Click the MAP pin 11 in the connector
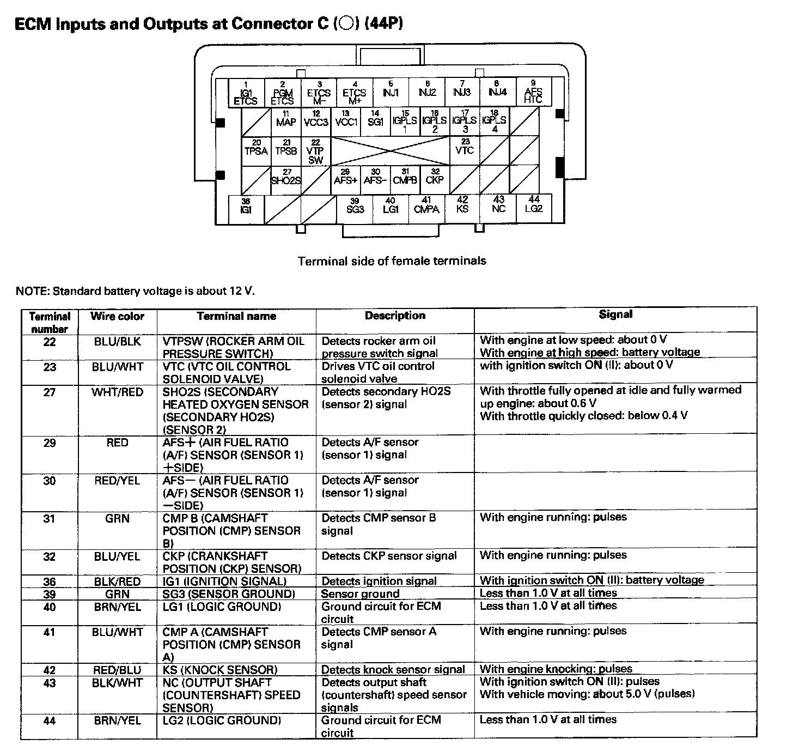pos(286,120)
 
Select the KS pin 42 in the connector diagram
pos(462,207)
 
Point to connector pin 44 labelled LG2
pos(534,206)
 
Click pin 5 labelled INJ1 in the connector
pos(391,91)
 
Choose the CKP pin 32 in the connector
pos(435,178)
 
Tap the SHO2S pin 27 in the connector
pos(286,178)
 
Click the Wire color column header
pos(117,316)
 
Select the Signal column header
pos(615,314)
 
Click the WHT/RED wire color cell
pos(117,392)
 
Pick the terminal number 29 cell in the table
pos(50,443)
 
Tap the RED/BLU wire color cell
pos(117,670)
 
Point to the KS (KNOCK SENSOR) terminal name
pos(219,670)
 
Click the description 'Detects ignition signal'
pos(379,581)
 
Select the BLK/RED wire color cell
pos(117,582)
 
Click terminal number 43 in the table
pos(50,683)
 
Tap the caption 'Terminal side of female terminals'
pos(392,261)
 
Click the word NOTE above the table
pos(32,291)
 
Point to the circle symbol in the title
pos(346,25)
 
